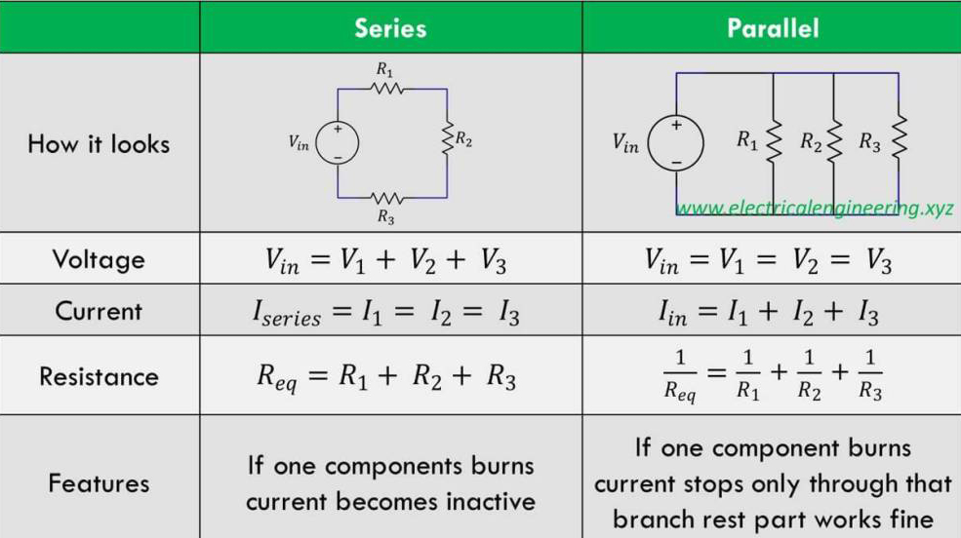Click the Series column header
[390, 28]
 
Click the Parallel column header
[773, 28]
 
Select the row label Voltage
[99, 259]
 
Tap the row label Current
[99, 311]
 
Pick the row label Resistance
[99, 376]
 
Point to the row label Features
[99, 483]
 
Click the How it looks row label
[99, 144]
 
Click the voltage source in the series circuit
[338, 143]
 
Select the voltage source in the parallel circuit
[676, 143]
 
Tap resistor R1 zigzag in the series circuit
[386, 89]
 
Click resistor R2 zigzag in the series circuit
[448, 139]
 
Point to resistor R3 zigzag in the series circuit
[386, 198]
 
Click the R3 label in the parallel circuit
[869, 141]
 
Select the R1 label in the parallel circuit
[747, 140]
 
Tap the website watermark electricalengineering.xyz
[815, 209]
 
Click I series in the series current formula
[287, 313]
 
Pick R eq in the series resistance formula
[277, 377]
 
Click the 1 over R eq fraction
[680, 374]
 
